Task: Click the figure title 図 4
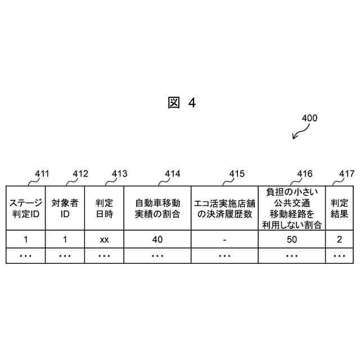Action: (x=181, y=103)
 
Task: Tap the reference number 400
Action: (x=309, y=119)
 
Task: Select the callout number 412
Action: (x=81, y=174)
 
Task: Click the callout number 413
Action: (x=119, y=174)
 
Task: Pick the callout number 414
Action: (x=173, y=174)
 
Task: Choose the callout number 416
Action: (x=304, y=174)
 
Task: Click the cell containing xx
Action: (x=104, y=239)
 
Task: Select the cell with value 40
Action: (x=157, y=239)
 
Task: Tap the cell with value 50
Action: (x=291, y=239)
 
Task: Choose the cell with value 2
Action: (x=339, y=239)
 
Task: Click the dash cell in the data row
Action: (x=224, y=239)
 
